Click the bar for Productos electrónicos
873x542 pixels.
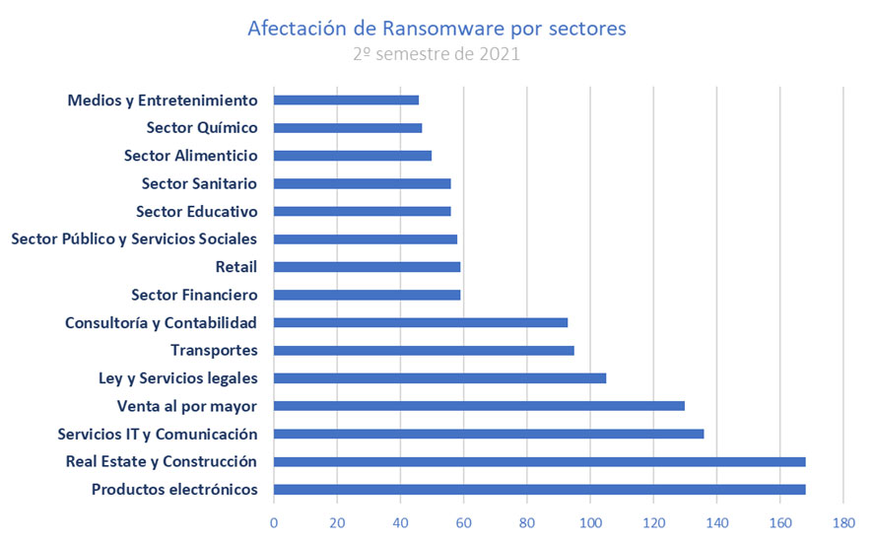tap(539, 490)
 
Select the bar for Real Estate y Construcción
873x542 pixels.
tap(539, 462)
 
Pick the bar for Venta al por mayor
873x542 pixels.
tap(479, 406)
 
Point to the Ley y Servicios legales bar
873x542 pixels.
tap(439, 378)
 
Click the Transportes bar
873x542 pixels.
tap(424, 350)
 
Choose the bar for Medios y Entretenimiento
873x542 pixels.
tap(346, 100)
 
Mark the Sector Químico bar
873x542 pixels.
tap(348, 128)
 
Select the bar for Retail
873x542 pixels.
tap(367, 266)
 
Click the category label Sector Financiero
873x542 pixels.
tap(194, 295)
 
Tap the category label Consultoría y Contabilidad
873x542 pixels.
tap(161, 322)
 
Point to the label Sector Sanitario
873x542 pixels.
tap(199, 183)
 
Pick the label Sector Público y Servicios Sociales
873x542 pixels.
tap(133, 238)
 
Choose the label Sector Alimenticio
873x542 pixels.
tap(190, 156)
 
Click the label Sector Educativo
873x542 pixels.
tap(196, 211)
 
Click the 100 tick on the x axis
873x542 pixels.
tap(590, 522)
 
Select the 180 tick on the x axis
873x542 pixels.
tap(843, 522)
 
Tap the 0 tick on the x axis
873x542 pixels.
tap(274, 522)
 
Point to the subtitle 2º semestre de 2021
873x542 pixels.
tap(436, 54)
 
